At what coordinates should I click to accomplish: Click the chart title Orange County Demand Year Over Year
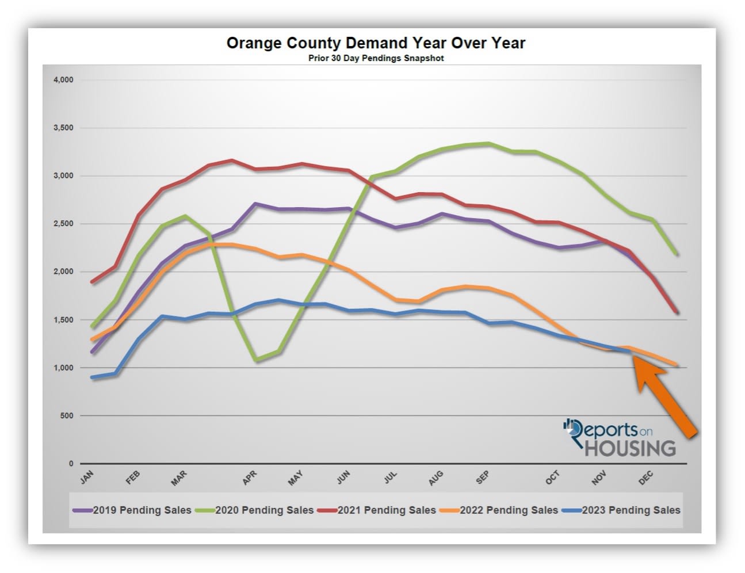[x=376, y=43]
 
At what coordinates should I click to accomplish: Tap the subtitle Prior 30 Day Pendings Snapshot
[x=376, y=58]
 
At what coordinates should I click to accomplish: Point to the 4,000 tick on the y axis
[x=63, y=80]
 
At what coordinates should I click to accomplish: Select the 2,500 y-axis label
[x=63, y=224]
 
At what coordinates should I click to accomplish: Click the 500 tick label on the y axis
[x=67, y=415]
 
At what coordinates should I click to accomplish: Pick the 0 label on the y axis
[x=71, y=463]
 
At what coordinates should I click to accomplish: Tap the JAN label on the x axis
[x=87, y=477]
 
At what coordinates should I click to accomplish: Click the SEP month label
[x=482, y=477]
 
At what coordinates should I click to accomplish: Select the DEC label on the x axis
[x=645, y=477]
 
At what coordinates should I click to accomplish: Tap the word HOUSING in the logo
[x=630, y=448]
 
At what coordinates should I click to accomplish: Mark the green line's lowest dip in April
[x=256, y=360]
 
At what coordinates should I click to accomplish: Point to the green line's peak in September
[x=488, y=143]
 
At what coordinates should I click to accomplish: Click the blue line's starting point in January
[x=93, y=377]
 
